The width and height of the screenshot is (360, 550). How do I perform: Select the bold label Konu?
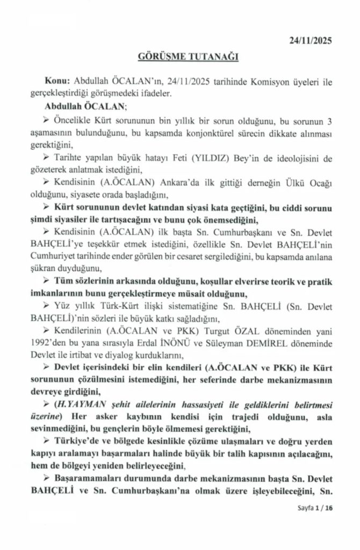coord(59,80)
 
